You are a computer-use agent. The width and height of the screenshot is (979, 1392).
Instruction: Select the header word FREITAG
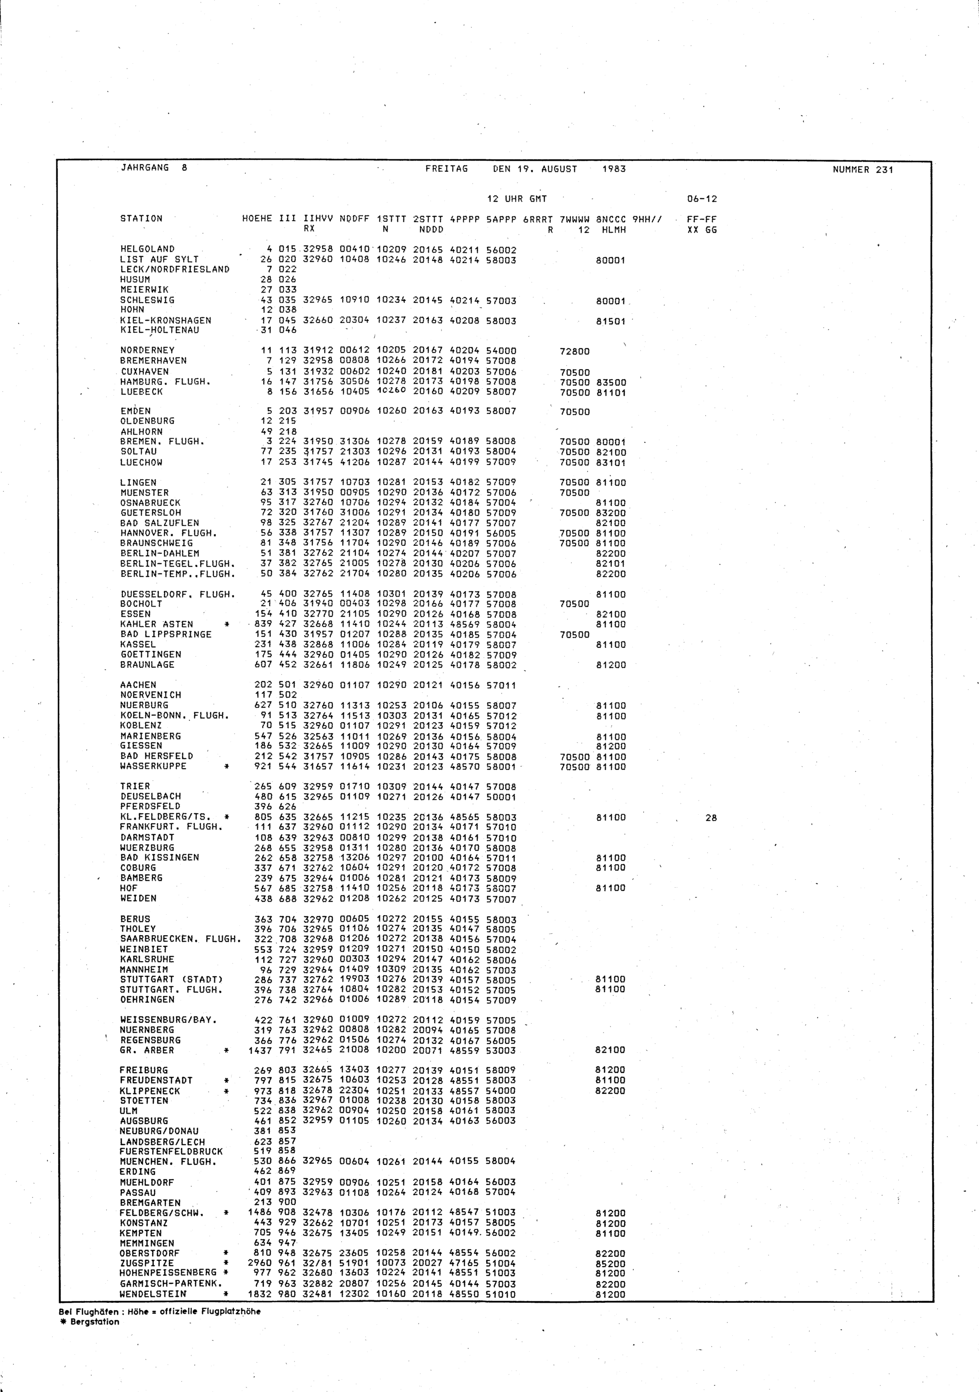click(x=447, y=169)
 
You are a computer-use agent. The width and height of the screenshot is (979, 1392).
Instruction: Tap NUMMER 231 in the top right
click(x=862, y=170)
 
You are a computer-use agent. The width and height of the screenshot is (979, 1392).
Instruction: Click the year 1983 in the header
click(x=613, y=169)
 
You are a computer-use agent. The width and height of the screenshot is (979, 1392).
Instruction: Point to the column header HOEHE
click(x=257, y=219)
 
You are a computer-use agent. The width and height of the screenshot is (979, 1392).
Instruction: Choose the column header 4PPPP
click(x=465, y=219)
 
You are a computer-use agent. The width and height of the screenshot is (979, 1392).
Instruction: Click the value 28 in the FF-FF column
click(x=711, y=818)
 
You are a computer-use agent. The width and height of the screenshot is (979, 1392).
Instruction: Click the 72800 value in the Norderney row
click(x=575, y=351)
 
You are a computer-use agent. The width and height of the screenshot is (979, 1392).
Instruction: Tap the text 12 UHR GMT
click(x=517, y=199)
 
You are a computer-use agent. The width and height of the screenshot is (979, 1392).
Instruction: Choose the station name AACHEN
click(x=138, y=685)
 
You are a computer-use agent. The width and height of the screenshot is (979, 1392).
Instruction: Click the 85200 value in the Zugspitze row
click(x=610, y=1263)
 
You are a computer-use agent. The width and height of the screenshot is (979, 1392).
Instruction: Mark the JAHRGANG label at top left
click(x=145, y=168)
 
